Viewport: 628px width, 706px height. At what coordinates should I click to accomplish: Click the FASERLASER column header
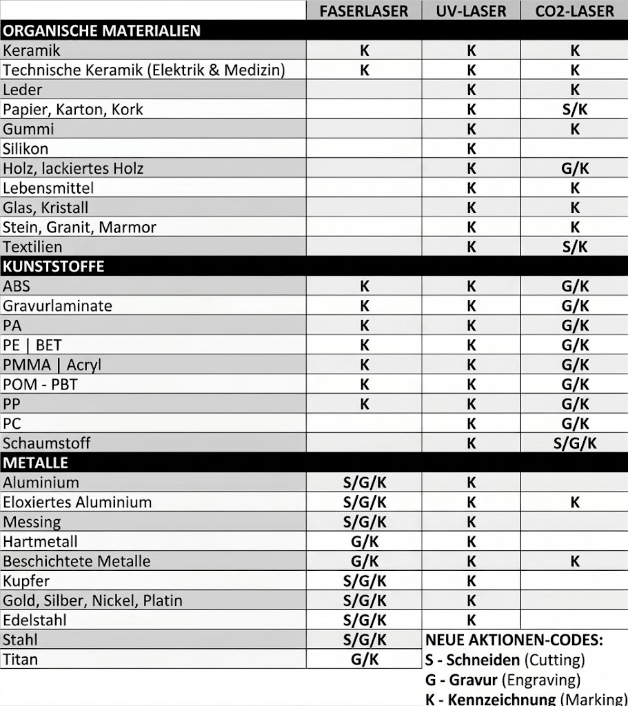pyautogui.click(x=364, y=11)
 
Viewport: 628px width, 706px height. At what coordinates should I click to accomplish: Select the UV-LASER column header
pyautogui.click(x=471, y=11)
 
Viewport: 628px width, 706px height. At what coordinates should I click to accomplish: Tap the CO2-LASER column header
pyautogui.click(x=574, y=11)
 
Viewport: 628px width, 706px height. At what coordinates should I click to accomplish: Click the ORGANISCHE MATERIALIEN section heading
pyautogui.click(x=102, y=30)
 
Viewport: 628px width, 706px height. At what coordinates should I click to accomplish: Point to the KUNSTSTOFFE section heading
pyautogui.click(x=54, y=266)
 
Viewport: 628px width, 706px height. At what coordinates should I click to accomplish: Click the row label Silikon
pyautogui.click(x=26, y=148)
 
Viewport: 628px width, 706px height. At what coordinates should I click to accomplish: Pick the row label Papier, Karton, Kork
pyautogui.click(x=73, y=109)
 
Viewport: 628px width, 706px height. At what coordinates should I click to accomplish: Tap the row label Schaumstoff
pyautogui.click(x=46, y=443)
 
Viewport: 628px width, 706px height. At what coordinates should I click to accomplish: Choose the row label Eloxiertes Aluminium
pyautogui.click(x=77, y=502)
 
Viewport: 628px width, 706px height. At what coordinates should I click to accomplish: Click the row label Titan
pyautogui.click(x=20, y=659)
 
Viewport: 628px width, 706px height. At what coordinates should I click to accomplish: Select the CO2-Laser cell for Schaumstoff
pyautogui.click(x=574, y=443)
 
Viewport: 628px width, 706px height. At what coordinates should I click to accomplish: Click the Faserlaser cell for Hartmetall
pyautogui.click(x=365, y=541)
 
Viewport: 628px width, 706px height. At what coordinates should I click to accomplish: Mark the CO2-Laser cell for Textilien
pyautogui.click(x=574, y=247)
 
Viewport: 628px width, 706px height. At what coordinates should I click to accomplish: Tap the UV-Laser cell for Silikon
pyautogui.click(x=472, y=148)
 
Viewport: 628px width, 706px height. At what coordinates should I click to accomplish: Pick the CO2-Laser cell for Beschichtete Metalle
pyautogui.click(x=574, y=561)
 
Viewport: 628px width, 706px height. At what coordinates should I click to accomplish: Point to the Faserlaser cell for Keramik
pyautogui.click(x=365, y=50)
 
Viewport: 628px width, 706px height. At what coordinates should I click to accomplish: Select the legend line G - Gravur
pyautogui.click(x=503, y=680)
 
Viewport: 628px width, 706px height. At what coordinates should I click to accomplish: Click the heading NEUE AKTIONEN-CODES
pyautogui.click(x=514, y=640)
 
